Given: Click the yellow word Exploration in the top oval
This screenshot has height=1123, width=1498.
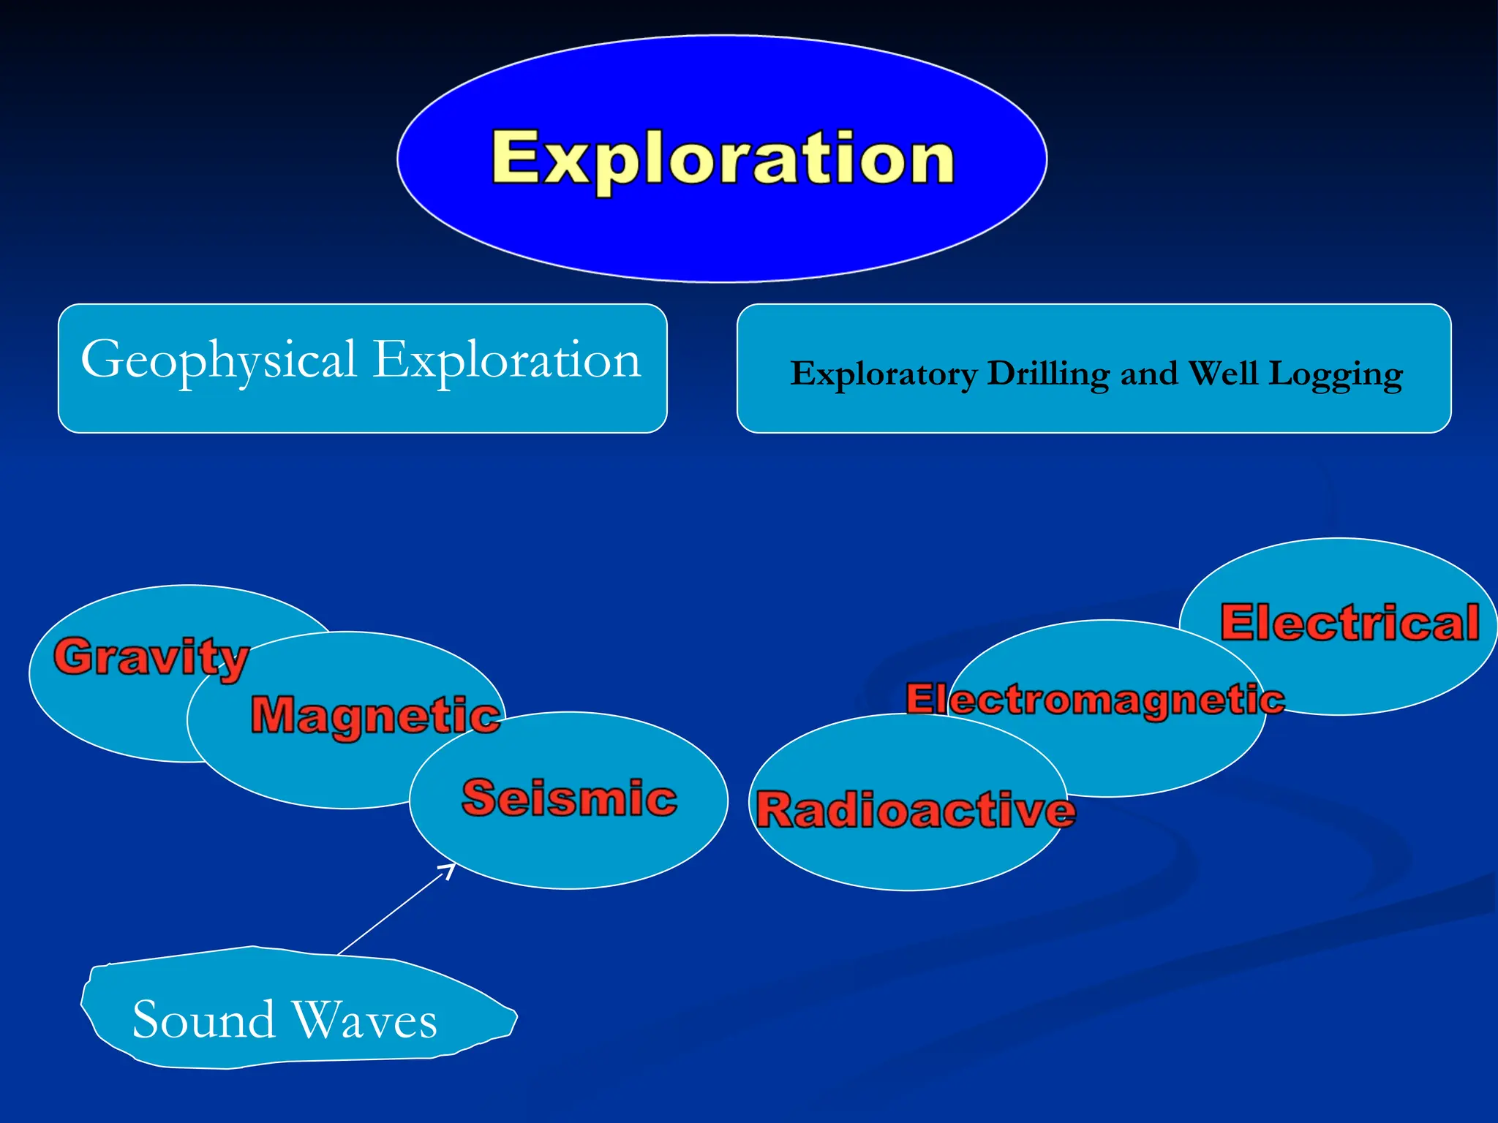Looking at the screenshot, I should (x=723, y=159).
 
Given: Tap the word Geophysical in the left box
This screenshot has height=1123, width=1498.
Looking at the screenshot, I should (x=218, y=360).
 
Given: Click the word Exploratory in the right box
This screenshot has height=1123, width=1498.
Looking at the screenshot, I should (x=883, y=374).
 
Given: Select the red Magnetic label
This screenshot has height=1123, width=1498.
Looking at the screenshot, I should (x=375, y=715).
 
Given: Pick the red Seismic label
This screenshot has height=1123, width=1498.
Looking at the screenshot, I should (x=569, y=798).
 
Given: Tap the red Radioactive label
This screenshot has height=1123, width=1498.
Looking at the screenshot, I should (x=915, y=811).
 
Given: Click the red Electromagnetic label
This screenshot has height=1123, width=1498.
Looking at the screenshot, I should (x=1095, y=700).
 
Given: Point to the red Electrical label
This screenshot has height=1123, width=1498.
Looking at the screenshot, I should (x=1350, y=623).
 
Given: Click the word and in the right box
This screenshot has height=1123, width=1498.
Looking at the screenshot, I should (x=1148, y=374).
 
